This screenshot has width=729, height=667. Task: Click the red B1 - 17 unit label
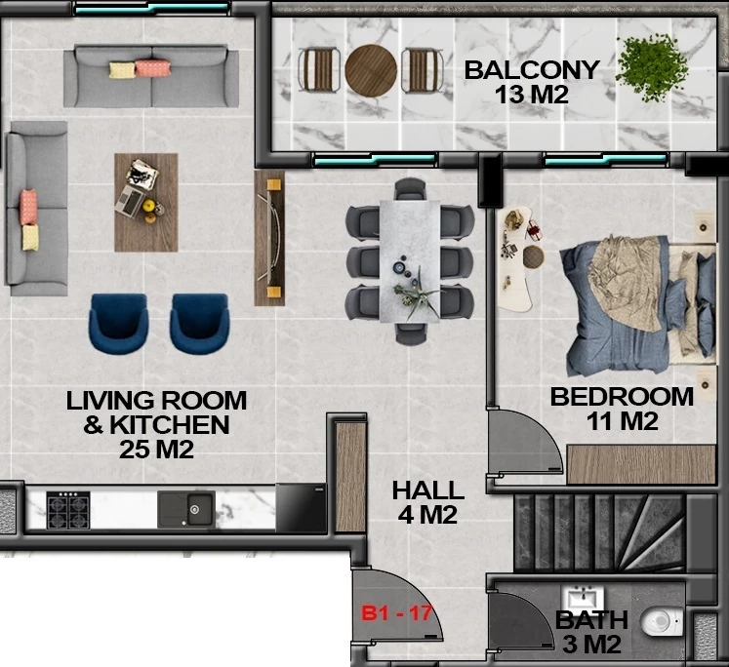397,613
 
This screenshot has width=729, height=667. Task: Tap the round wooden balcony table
371,70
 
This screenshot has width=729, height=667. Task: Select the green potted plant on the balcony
652,67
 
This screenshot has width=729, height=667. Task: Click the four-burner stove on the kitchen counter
68,510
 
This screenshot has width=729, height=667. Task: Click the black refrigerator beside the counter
302,508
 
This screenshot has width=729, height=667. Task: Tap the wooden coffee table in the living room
146,203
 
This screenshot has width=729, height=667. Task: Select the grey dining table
410,261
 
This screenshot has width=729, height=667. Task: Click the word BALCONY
532,70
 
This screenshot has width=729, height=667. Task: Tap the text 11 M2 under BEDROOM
622,421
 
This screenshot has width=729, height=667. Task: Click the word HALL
428,490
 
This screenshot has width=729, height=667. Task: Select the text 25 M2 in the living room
156,450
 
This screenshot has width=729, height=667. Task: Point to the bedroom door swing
525,442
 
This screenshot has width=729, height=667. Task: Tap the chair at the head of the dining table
410,188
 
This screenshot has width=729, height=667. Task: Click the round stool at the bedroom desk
533,256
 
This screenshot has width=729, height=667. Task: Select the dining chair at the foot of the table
411,333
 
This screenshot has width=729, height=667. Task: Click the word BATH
591,620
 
